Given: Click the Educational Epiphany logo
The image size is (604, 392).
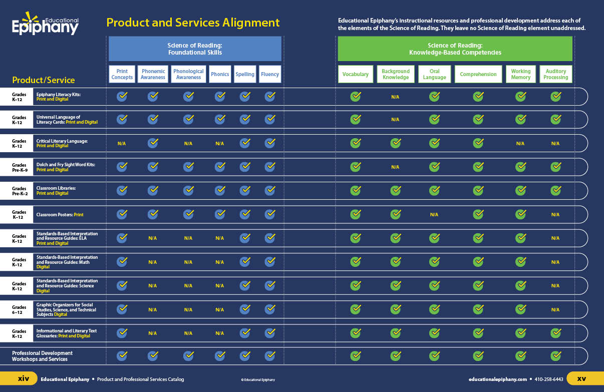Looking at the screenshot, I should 45,25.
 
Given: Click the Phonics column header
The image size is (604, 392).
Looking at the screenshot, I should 220,74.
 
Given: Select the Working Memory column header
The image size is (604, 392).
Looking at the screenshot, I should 520,74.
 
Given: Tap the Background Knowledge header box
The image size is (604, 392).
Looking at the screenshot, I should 395,74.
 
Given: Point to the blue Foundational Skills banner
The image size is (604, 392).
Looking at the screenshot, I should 195,49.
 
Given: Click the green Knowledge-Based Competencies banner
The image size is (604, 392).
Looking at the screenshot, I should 455,49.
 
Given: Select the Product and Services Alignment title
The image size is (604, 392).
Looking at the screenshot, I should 193,23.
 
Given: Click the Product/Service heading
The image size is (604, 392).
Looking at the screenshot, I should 44,80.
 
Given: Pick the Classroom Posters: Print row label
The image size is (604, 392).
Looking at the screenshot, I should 60,214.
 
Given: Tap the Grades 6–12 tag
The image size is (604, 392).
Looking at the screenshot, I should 19,309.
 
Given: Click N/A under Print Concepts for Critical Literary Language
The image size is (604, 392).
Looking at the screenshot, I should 122,144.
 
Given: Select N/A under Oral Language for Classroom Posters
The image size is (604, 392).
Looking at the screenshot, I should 434,215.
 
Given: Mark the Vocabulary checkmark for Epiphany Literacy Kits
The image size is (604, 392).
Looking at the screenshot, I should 356,96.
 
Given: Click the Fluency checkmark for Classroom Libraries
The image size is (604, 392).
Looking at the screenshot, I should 270,190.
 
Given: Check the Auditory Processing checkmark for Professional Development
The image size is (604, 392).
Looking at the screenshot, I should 555,356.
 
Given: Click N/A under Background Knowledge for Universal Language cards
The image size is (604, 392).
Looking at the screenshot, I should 395,120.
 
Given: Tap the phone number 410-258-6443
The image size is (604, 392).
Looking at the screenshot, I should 549,379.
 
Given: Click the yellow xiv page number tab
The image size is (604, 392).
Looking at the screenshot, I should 23,378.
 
